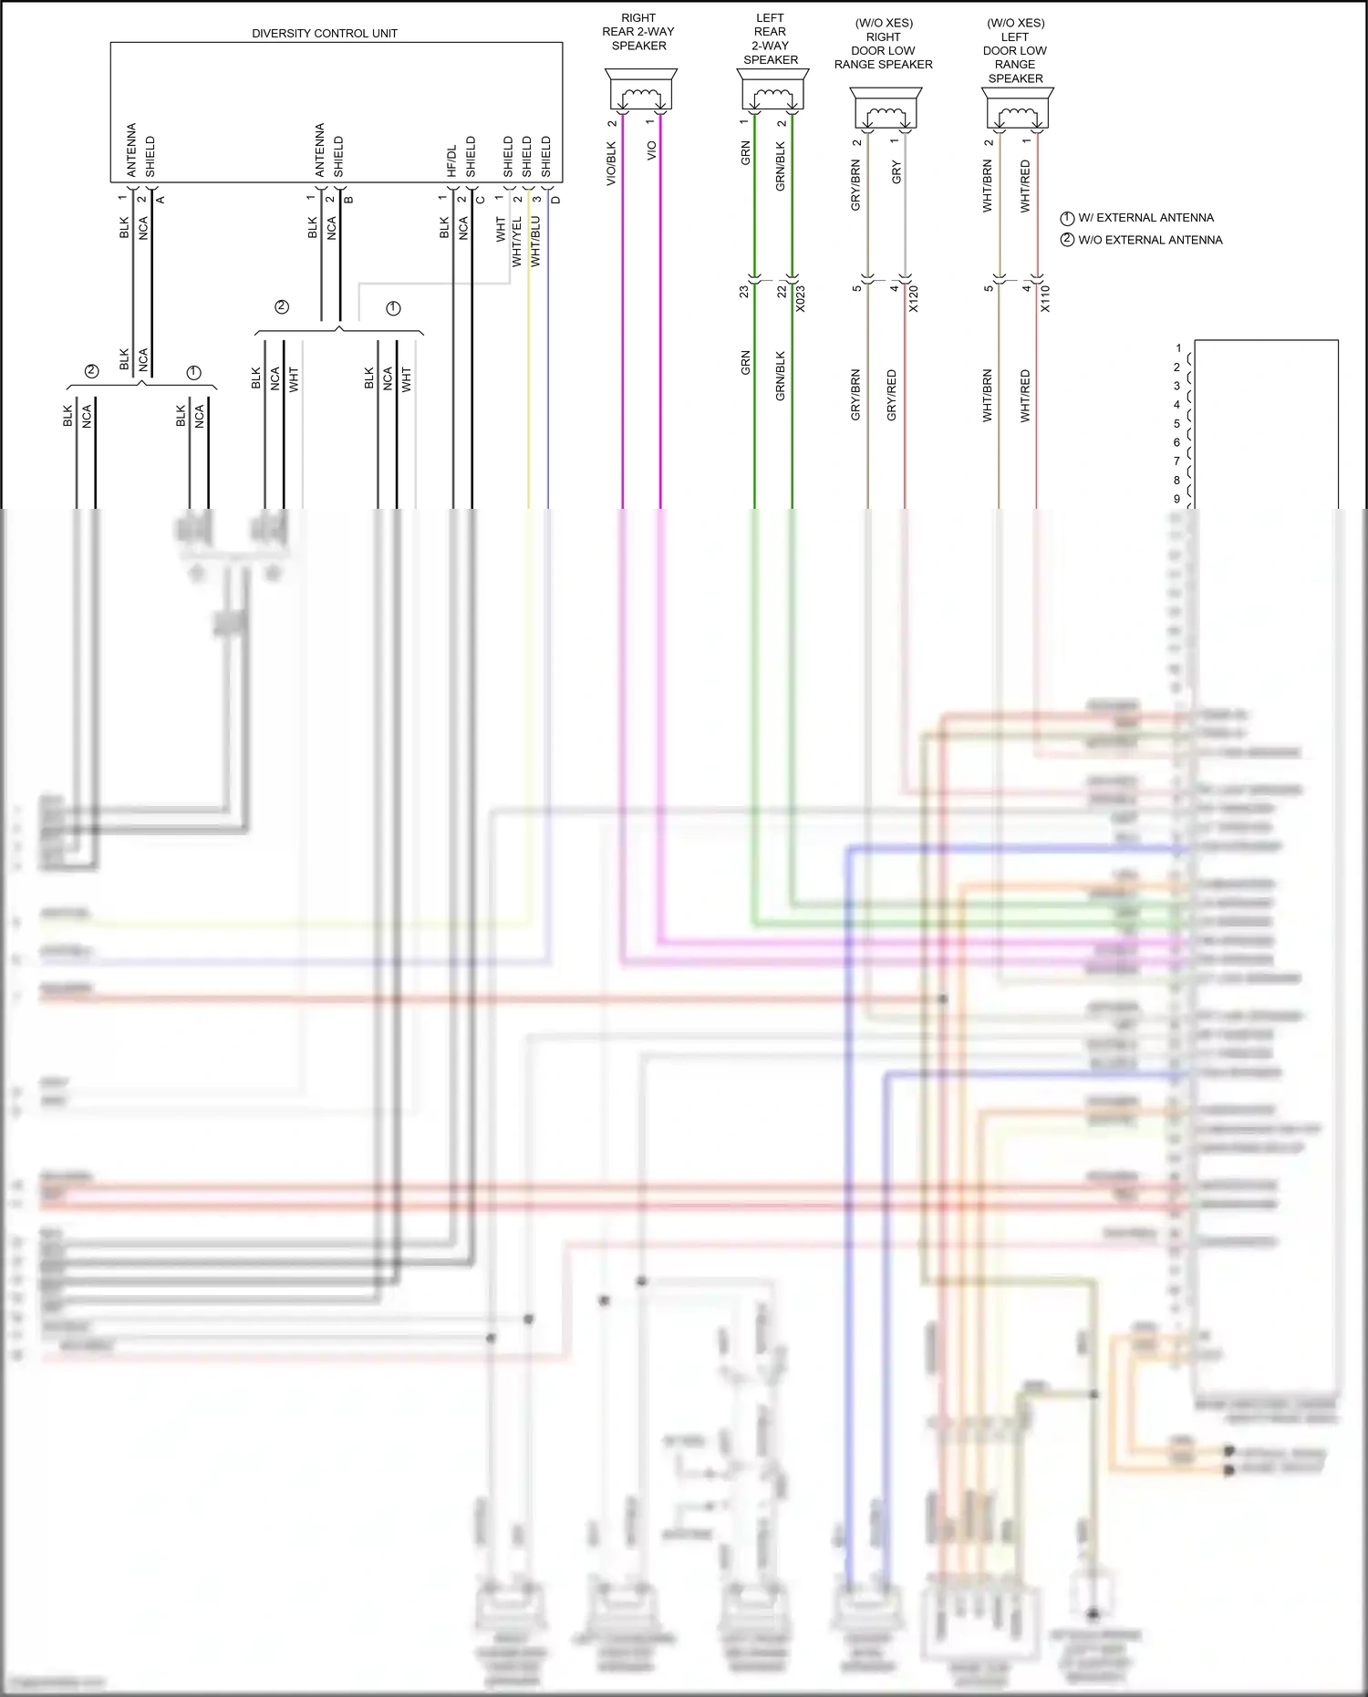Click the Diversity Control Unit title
pos(325,34)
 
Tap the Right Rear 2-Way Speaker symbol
pos(640,91)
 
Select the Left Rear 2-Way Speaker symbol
pos(772,91)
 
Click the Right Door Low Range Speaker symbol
pos(886,110)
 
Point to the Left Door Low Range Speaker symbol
pos(1018,110)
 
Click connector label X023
pos(801,299)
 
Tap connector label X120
pos(914,299)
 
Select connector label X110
pos(1045,299)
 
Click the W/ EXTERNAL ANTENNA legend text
pos(1145,218)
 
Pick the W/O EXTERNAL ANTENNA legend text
pos(1150,240)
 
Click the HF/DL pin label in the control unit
pos(451,160)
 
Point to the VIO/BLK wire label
pos(611,164)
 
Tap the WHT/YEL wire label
pos(517,242)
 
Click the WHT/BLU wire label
pos(535,242)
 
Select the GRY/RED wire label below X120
pos(892,395)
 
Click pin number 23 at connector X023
pos(744,292)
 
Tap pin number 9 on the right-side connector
pos(1176,499)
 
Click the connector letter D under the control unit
pos(556,200)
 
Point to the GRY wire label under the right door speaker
pos(896,172)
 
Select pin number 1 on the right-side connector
pos(1178,348)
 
